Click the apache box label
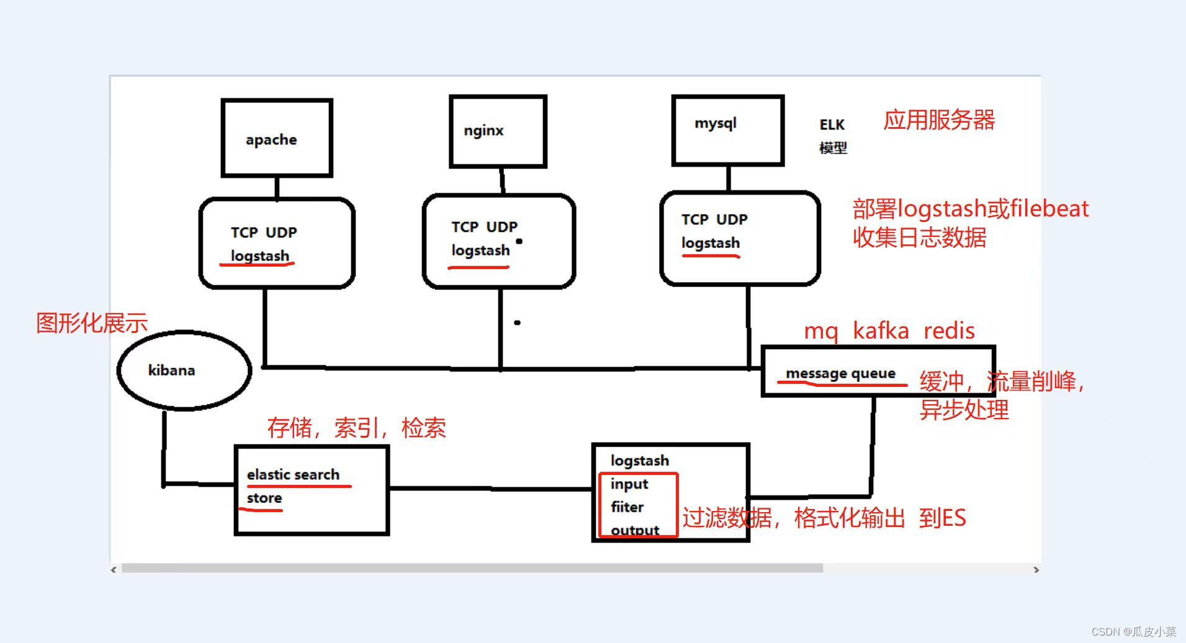(271, 140)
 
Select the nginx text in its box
(483, 131)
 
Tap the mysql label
(715, 123)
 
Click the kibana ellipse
(184, 370)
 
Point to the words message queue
(840, 373)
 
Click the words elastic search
(293, 474)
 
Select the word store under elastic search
(264, 498)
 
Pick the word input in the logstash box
(629, 484)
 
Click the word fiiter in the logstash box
(627, 507)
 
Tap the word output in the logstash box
(635, 530)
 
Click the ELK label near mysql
(832, 125)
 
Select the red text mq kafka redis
(889, 330)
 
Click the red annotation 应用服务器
(939, 120)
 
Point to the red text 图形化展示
(92, 323)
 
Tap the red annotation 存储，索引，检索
(356, 428)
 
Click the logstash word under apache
(260, 255)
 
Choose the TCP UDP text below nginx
(484, 227)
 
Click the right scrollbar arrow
(1036, 569)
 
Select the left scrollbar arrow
(114, 569)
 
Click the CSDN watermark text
(1133, 631)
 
